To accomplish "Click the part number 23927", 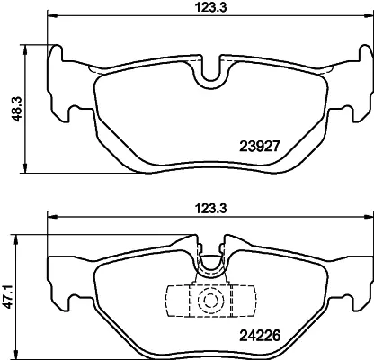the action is coord(260,147).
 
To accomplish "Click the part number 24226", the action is coord(260,335).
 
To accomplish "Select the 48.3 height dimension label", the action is coord(17,109).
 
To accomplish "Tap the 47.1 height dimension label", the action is coord(9,297).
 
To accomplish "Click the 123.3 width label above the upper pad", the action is coord(211,8).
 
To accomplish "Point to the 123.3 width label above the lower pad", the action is coord(211,209).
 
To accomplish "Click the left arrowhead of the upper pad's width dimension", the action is coord(52,15).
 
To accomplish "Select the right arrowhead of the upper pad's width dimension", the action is coord(369,15).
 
